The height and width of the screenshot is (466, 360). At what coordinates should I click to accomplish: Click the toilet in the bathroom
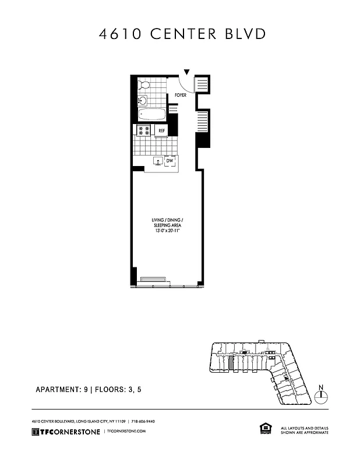[x=144, y=85]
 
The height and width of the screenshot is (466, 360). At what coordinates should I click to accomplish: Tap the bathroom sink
[x=142, y=101]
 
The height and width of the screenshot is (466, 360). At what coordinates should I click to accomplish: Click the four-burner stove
[x=144, y=130]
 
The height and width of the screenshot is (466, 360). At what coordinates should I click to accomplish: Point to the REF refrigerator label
[x=162, y=130]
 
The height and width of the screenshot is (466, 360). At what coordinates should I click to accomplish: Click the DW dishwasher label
[x=170, y=160]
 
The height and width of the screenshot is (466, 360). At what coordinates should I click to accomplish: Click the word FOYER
[x=180, y=95]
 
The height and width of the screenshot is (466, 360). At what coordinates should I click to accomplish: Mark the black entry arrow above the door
[x=186, y=72]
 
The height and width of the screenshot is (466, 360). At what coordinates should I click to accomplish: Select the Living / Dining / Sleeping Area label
[x=166, y=222]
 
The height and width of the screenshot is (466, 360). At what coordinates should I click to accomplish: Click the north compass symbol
[x=320, y=396]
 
